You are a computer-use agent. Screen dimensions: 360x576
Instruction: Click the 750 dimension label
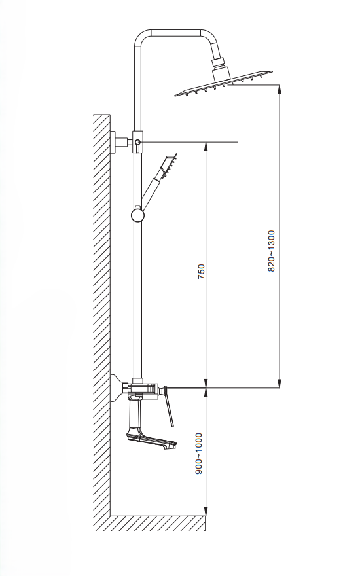(x=201, y=272)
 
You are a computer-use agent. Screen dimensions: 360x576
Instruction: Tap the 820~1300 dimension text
(x=271, y=251)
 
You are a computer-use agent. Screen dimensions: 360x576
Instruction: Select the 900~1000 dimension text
(x=199, y=453)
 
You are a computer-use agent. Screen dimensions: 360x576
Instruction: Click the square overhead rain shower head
(x=223, y=84)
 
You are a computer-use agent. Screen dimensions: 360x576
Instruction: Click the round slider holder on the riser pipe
(x=137, y=215)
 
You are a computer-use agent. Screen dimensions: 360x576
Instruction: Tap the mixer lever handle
(x=169, y=406)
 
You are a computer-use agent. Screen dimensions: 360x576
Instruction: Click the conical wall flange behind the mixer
(x=117, y=389)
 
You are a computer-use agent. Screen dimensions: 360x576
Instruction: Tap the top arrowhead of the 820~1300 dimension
(x=280, y=89)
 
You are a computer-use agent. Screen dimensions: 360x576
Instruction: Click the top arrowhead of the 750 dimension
(x=206, y=146)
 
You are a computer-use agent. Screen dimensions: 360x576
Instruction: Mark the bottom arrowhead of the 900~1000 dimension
(x=206, y=511)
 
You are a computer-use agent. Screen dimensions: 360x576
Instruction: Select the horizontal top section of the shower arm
(x=176, y=33)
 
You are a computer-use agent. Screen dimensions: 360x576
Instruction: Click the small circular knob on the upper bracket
(x=137, y=142)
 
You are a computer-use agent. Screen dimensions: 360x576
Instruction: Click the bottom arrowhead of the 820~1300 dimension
(x=280, y=383)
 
